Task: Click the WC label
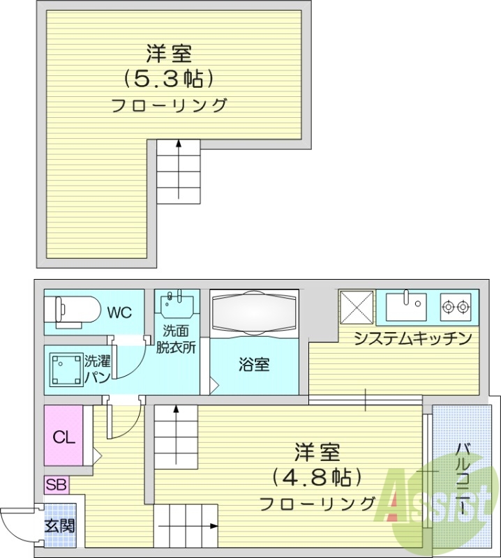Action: [119, 312]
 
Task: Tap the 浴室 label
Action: [254, 364]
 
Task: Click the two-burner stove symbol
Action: [455, 306]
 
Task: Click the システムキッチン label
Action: [413, 340]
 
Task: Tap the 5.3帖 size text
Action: [167, 78]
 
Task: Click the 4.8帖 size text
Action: [317, 478]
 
